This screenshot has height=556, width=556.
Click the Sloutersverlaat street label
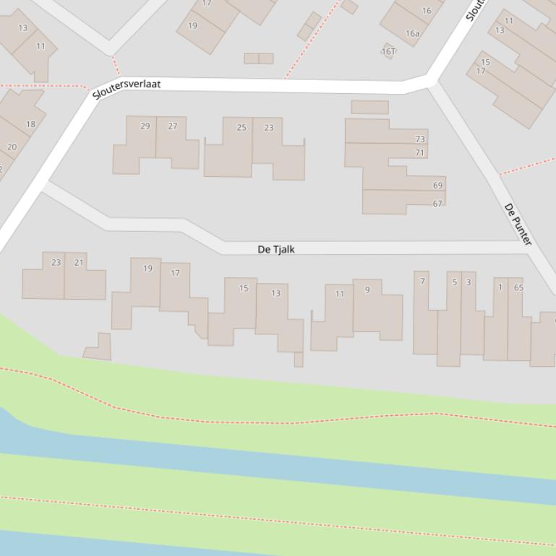point(127,89)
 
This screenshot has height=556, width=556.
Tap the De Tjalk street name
point(276,249)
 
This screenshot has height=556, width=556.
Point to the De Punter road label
point(518,224)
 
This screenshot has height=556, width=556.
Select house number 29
point(145,126)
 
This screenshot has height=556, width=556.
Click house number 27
point(173,126)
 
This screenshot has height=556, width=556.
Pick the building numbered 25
point(241,128)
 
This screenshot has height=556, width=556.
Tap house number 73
point(420,139)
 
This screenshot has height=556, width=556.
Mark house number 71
point(420,152)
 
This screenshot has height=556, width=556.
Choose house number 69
point(437,186)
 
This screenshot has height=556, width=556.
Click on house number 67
point(437,204)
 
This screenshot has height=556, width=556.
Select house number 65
point(518,287)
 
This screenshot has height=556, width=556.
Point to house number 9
point(367,290)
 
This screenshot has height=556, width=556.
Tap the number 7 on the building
point(423,282)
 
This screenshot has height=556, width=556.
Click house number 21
point(79,263)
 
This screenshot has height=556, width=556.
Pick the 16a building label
point(412,33)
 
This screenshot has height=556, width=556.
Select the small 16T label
point(389,51)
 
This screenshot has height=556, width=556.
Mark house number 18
point(30,124)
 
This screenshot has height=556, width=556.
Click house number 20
point(12,147)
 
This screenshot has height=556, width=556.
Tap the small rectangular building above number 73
point(369,108)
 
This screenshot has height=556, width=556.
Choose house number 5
point(455,282)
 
